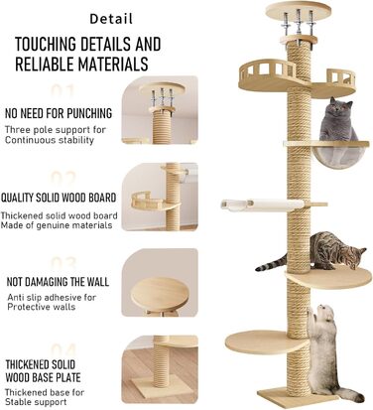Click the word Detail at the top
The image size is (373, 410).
click(x=111, y=19)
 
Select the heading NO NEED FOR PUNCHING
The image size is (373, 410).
click(x=59, y=113)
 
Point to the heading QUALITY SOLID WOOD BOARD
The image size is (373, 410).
click(x=59, y=198)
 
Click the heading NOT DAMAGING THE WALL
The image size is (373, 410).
click(x=58, y=282)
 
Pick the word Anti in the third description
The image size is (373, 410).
click(x=16, y=297)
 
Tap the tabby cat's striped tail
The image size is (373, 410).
click(x=271, y=263)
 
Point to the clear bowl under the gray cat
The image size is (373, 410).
click(x=339, y=156)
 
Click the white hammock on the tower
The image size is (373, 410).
click(x=263, y=205)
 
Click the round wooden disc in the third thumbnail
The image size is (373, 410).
click(x=160, y=294)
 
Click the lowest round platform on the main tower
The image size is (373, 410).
click(x=266, y=342)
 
